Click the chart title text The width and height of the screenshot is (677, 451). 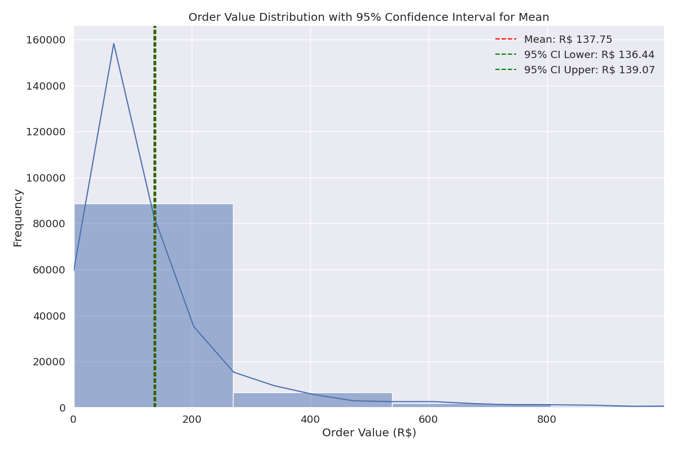368,17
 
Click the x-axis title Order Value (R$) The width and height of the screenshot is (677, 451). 369,433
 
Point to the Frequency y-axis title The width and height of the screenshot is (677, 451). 18,218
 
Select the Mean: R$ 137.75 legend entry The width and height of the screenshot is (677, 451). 568,39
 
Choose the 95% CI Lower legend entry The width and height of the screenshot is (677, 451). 589,55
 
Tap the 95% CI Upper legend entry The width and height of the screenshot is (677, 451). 589,70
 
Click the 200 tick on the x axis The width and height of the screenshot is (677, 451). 192,419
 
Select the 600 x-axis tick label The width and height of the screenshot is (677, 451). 429,419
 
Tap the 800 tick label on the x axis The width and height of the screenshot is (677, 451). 547,419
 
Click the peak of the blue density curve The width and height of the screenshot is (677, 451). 113,44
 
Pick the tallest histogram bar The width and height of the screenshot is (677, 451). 153,305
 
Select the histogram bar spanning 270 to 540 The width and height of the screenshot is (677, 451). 312,400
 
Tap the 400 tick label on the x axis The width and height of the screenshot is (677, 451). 310,419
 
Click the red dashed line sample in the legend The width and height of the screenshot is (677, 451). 505,39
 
